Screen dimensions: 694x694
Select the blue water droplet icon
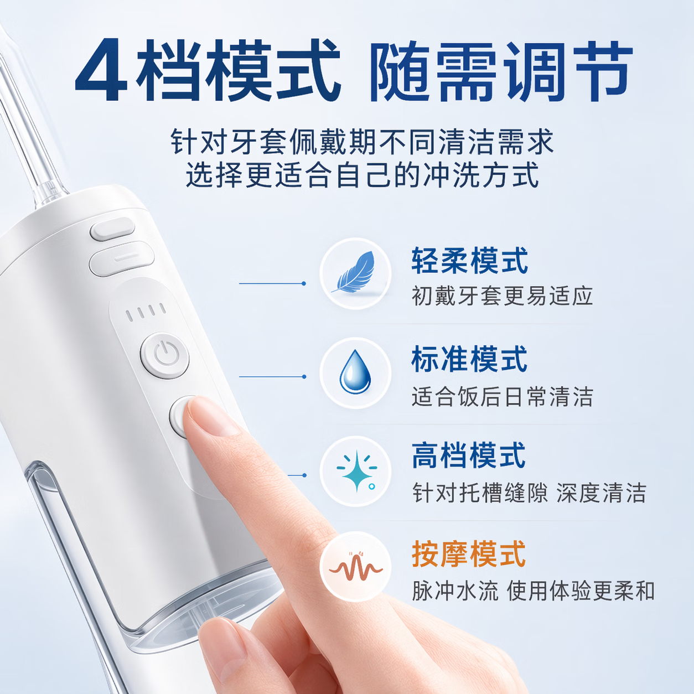355,372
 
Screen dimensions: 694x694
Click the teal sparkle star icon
356,470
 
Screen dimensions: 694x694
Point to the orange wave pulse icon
356,568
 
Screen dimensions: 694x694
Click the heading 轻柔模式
470,260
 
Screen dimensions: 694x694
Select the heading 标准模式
470,359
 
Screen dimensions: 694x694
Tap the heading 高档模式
469,455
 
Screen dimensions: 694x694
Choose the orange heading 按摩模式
469,554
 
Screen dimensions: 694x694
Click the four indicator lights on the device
146,312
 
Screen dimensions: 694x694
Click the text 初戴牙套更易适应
502,296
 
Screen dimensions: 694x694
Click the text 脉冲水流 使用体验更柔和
533,591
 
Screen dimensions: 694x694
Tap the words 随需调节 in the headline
501,71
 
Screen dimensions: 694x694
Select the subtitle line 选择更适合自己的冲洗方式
362,175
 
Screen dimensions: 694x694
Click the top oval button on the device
112,229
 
